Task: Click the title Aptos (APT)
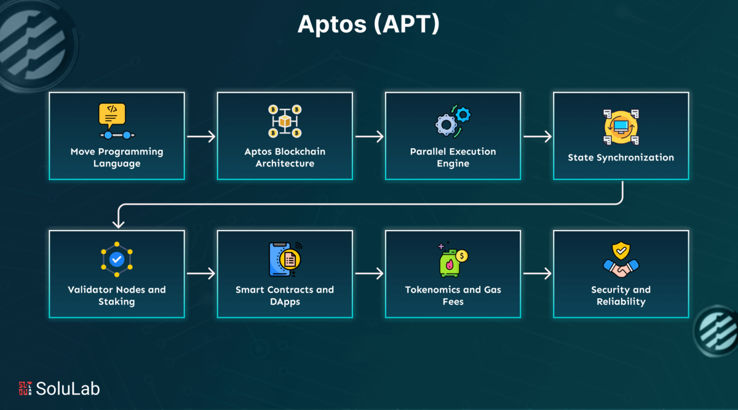tap(368, 25)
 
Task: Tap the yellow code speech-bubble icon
tap(112, 116)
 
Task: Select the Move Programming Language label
tap(117, 157)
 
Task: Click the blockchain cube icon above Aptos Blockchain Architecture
tap(285, 121)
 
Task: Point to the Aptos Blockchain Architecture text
tap(285, 157)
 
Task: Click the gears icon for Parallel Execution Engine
tap(453, 121)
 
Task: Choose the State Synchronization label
tap(621, 157)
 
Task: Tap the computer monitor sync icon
tap(621, 127)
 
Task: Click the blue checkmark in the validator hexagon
tap(117, 259)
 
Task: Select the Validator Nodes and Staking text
tap(117, 296)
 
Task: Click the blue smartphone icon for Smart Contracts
tap(279, 259)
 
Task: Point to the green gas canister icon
tap(450, 263)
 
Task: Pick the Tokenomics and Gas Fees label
tap(453, 296)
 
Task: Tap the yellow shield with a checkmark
tap(621, 251)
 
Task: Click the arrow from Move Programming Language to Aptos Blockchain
tap(201, 136)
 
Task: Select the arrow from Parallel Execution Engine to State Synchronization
tap(538, 136)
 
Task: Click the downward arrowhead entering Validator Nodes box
tap(118, 224)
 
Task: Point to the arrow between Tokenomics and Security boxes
tap(538, 274)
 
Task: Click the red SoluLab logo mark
tap(25, 388)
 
